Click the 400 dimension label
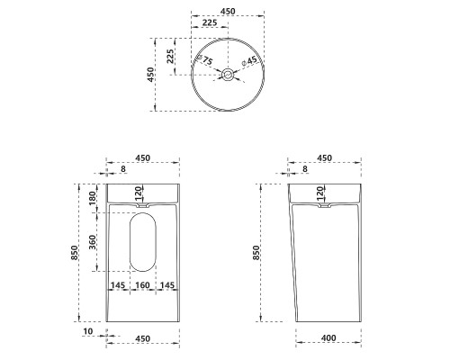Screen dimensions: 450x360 point(328,338)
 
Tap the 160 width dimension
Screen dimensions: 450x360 point(142,285)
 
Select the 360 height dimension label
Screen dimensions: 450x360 point(93,242)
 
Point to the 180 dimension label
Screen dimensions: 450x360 point(93,198)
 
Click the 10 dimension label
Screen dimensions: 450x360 point(88,331)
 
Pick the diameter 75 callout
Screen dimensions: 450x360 point(204,59)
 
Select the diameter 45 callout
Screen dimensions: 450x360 point(249,61)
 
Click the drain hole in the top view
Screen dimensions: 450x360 point(228,75)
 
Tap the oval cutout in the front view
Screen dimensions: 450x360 point(143,242)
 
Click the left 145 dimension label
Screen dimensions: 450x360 point(118,285)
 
